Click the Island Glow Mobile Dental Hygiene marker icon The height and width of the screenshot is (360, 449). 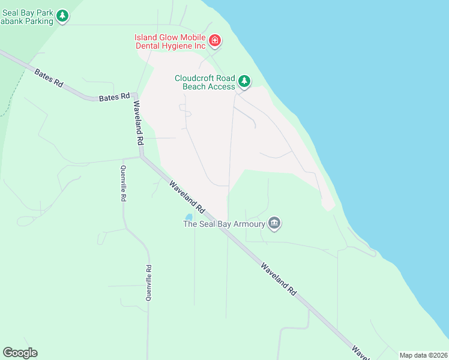(x=215, y=41)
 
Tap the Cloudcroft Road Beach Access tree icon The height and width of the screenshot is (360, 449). (x=244, y=81)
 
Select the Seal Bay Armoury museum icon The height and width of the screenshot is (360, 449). (x=274, y=223)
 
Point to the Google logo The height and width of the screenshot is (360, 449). (x=20, y=353)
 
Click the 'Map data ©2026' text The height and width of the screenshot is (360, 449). (x=423, y=355)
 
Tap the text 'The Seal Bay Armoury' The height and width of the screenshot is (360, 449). (x=224, y=224)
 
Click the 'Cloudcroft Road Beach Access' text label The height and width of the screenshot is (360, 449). (x=205, y=82)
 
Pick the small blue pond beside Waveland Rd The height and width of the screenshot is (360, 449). (x=188, y=217)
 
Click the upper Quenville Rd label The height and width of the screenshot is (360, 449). (x=123, y=183)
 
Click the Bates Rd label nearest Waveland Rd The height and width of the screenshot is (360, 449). (x=114, y=97)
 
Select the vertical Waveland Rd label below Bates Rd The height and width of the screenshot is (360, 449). (x=138, y=122)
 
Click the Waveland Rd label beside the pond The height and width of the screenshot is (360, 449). (x=187, y=198)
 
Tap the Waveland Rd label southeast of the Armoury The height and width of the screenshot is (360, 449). (x=279, y=277)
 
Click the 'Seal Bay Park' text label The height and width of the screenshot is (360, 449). (x=29, y=11)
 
